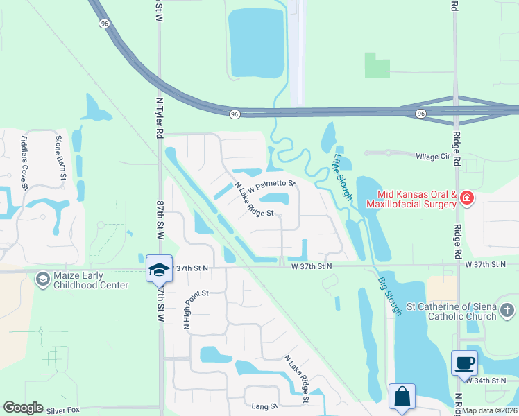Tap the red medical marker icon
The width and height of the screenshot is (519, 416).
point(467,199)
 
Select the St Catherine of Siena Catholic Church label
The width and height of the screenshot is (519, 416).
point(452,311)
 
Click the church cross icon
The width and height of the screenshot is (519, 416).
point(507,310)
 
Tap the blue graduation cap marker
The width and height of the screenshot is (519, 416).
point(159,269)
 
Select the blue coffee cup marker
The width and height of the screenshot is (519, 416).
point(464,362)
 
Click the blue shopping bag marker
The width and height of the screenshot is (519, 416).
point(402,397)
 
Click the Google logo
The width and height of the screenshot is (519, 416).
point(23,408)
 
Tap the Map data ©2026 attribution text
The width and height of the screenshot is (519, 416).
point(490,410)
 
